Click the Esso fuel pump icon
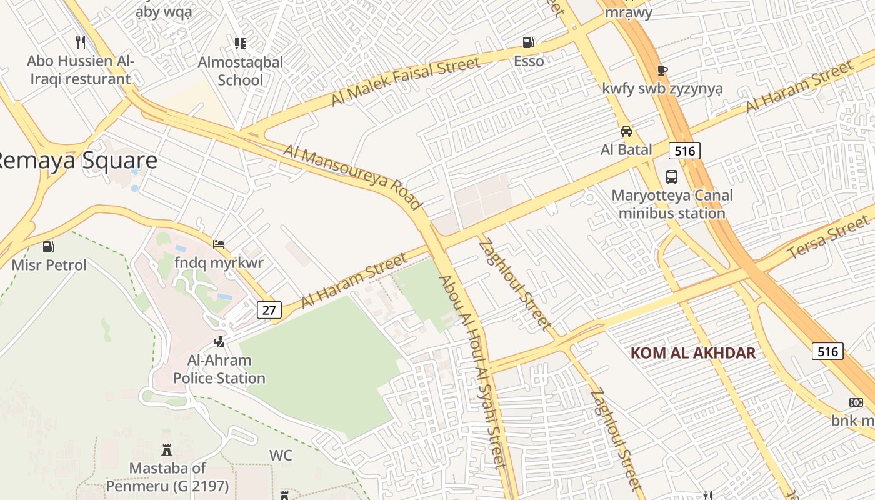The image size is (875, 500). pos(529,42)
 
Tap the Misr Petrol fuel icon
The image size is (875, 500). pos(49,247)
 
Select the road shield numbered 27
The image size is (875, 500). pos(269,310)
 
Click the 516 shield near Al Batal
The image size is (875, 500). pos(684,150)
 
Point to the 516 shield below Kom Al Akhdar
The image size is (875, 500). pos(827,351)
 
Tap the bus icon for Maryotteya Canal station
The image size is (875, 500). pos(672,177)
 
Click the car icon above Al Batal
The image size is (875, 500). pos(626,131)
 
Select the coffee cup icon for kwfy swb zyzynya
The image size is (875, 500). pos(662,70)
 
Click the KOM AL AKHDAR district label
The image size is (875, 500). pos(692,353)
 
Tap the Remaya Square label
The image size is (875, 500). pos(75,161)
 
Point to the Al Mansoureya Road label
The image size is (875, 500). pos(353,177)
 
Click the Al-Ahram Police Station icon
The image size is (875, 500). pos(219,342)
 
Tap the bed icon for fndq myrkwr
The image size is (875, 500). pos(219,244)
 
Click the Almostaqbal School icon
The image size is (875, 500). pos(241,43)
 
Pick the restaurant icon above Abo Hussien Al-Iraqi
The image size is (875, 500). pos(80,42)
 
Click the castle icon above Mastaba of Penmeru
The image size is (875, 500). pos(167,449)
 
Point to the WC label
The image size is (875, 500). pos(281,455)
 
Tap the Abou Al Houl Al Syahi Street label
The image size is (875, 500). pos(473,372)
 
